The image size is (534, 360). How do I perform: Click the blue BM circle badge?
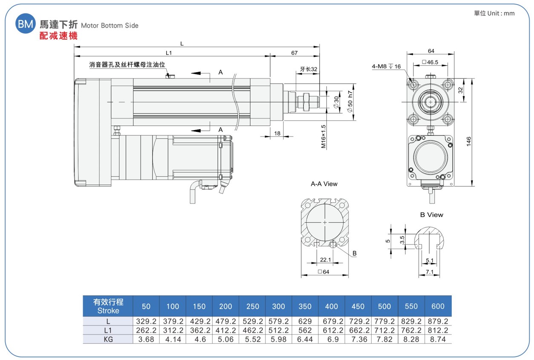pos(26,23)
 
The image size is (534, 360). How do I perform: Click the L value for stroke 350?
pos(305,321)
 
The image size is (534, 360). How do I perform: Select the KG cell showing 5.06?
pos(225,339)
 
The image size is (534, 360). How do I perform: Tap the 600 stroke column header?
pos(438,306)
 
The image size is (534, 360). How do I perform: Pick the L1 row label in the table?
pos(108,331)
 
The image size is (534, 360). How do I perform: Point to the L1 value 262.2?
pos(146,331)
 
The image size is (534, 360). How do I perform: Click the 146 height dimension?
pos(469,142)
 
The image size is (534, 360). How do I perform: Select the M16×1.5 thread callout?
pos(323,136)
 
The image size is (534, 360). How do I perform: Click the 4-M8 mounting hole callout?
pos(386,66)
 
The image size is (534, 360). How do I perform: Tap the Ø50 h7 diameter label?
pos(350,102)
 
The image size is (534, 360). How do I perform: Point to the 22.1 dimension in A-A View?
pos(326,260)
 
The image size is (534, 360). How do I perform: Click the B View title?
pos(431,215)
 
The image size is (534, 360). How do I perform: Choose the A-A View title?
pos(324,184)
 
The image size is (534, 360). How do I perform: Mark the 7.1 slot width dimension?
pos(429,272)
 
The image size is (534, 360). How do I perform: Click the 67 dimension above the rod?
pos(294,53)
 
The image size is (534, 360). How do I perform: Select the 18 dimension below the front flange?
pos(277,133)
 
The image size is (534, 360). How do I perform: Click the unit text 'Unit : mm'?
pos(501,13)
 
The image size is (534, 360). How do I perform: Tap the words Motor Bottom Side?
pos(110,26)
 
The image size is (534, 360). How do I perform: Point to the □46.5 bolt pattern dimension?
pos(430,62)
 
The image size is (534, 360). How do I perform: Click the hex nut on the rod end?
pos(306,102)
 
